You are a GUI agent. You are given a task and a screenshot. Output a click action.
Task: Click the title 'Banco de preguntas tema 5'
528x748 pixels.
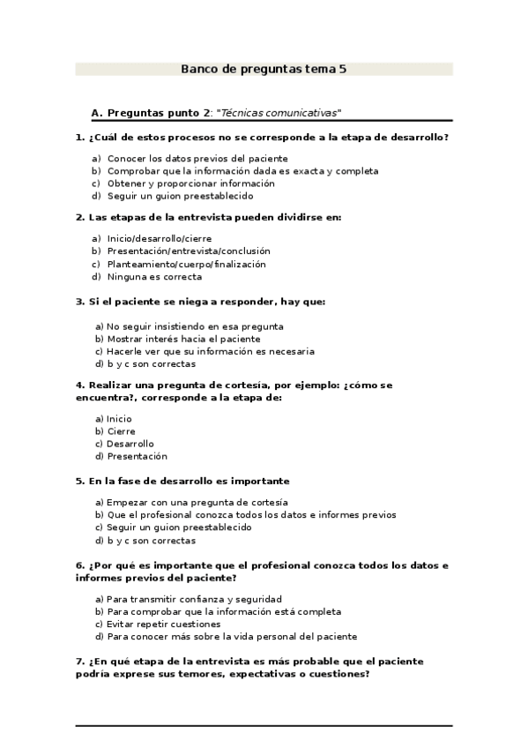pyautogui.click(x=264, y=68)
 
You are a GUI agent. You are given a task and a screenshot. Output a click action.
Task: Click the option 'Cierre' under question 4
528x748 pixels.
pyautogui.click(x=121, y=431)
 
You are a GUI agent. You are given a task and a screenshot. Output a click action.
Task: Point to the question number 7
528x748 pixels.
pyautogui.click(x=80, y=661)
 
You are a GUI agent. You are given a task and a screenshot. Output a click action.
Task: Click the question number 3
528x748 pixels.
pyautogui.click(x=80, y=301)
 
